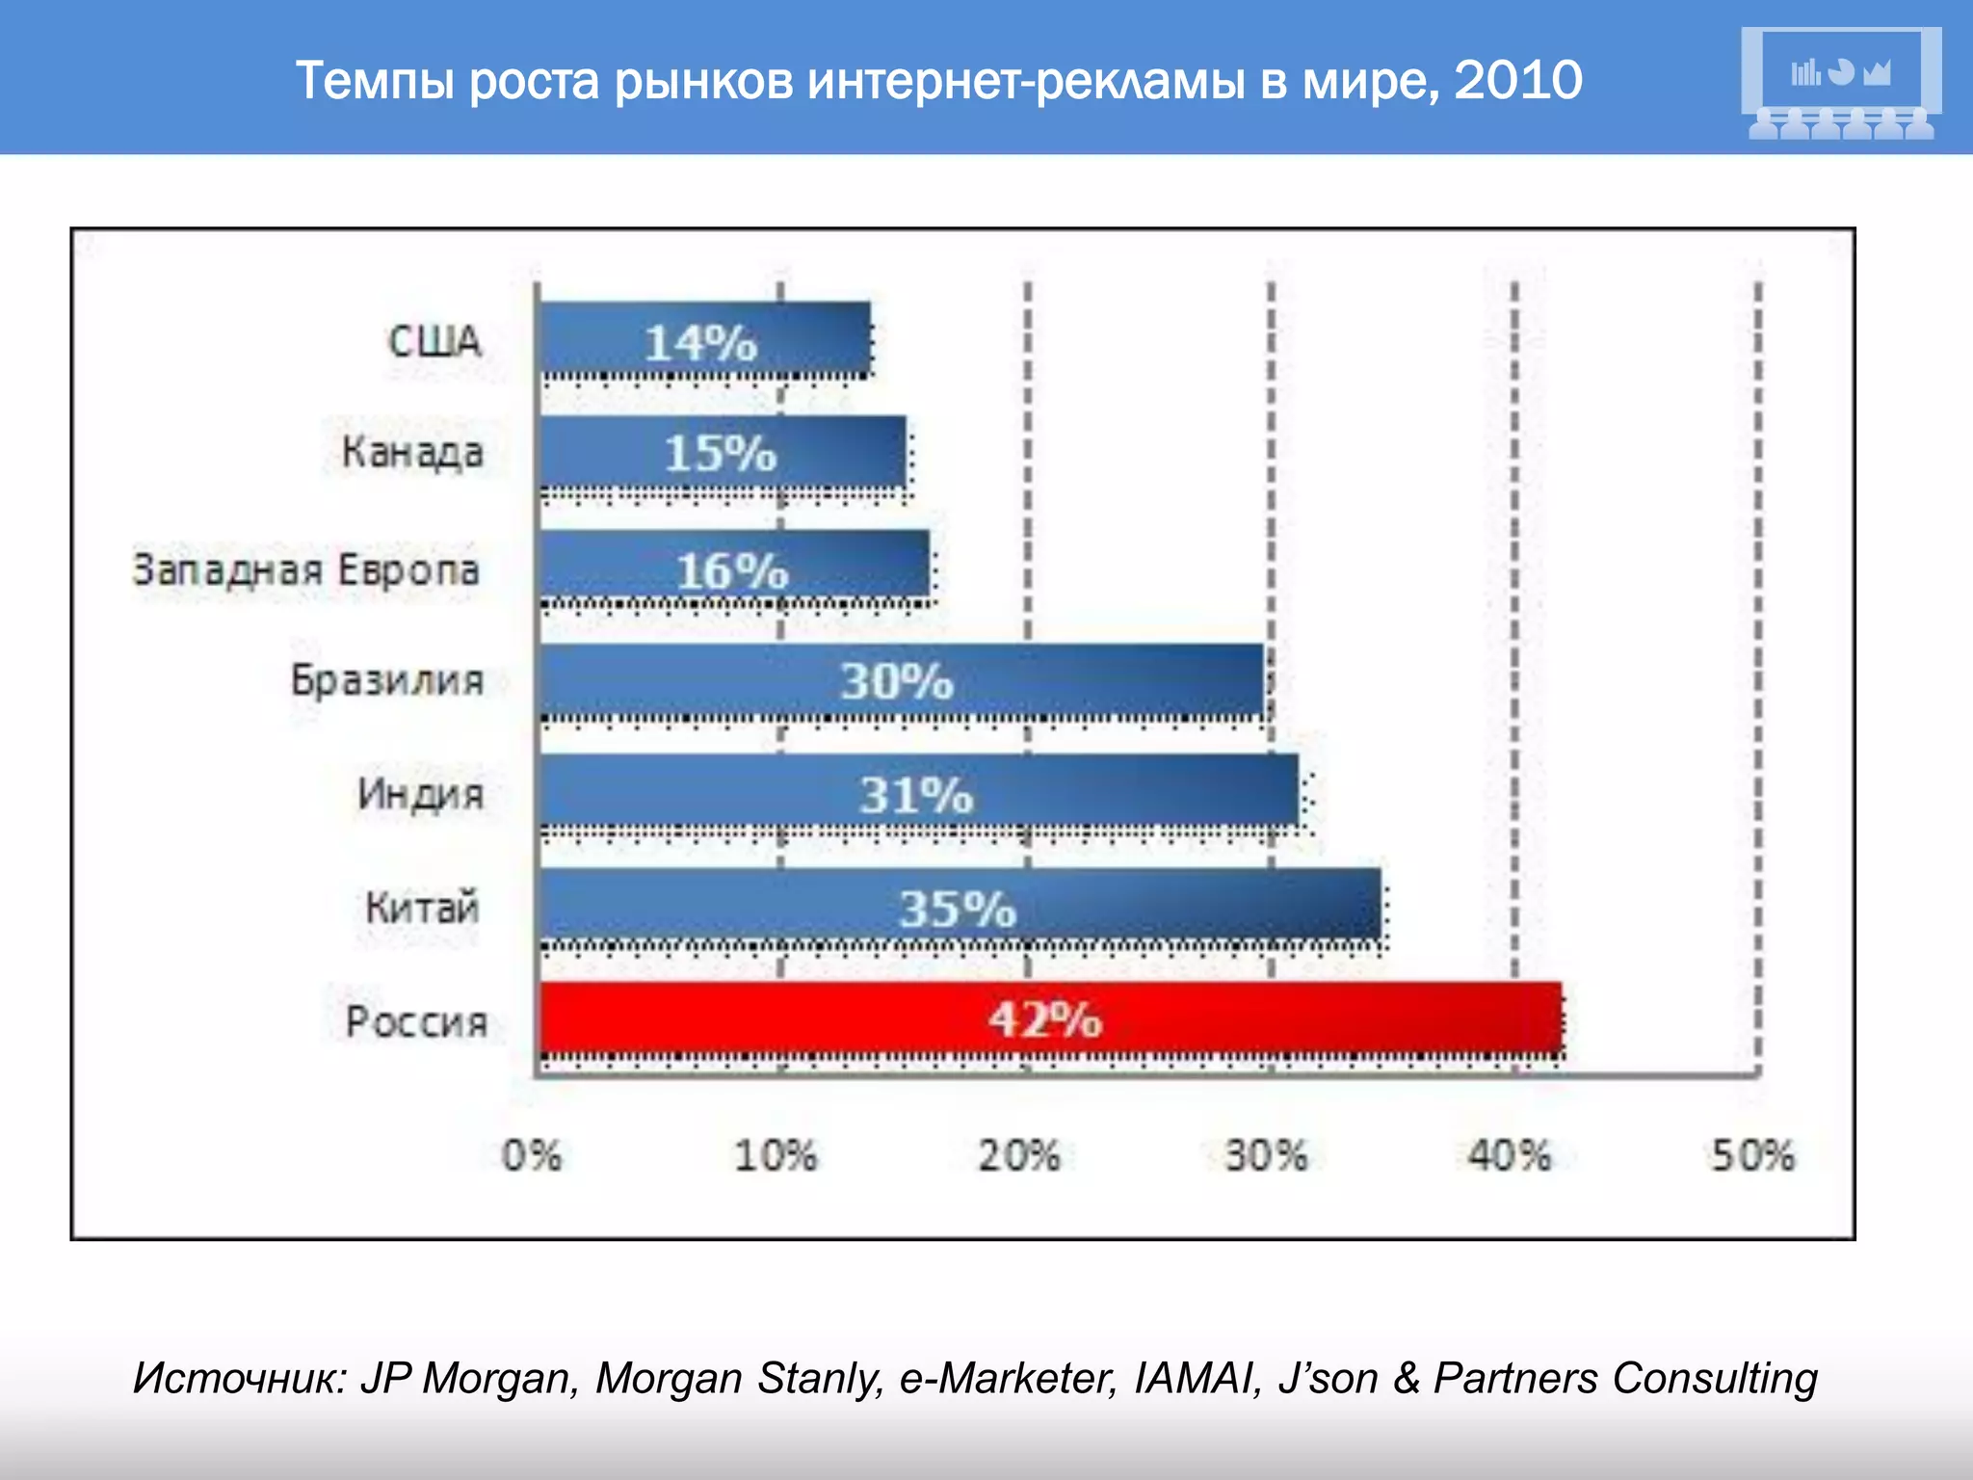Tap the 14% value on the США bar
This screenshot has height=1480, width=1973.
(x=701, y=343)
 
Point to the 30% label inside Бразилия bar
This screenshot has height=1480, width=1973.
(x=897, y=681)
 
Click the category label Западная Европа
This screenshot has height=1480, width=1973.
(x=305, y=569)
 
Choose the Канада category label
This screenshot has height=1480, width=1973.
(x=412, y=452)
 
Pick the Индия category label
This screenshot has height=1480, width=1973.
(x=420, y=794)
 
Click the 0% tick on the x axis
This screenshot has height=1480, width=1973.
(x=532, y=1154)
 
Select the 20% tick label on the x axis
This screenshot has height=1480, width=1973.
(x=1019, y=1154)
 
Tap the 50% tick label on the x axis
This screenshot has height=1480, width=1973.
(x=1752, y=1154)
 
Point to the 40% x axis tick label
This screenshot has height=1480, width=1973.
(x=1509, y=1154)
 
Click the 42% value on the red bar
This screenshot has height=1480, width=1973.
(x=1045, y=1018)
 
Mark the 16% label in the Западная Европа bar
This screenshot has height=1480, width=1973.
(x=732, y=570)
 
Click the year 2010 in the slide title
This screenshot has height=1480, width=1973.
(x=1517, y=80)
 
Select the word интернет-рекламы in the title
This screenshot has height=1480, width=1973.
(x=1027, y=80)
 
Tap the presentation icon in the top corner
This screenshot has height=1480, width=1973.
(x=1841, y=83)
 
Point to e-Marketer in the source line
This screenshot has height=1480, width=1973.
(x=1008, y=1378)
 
